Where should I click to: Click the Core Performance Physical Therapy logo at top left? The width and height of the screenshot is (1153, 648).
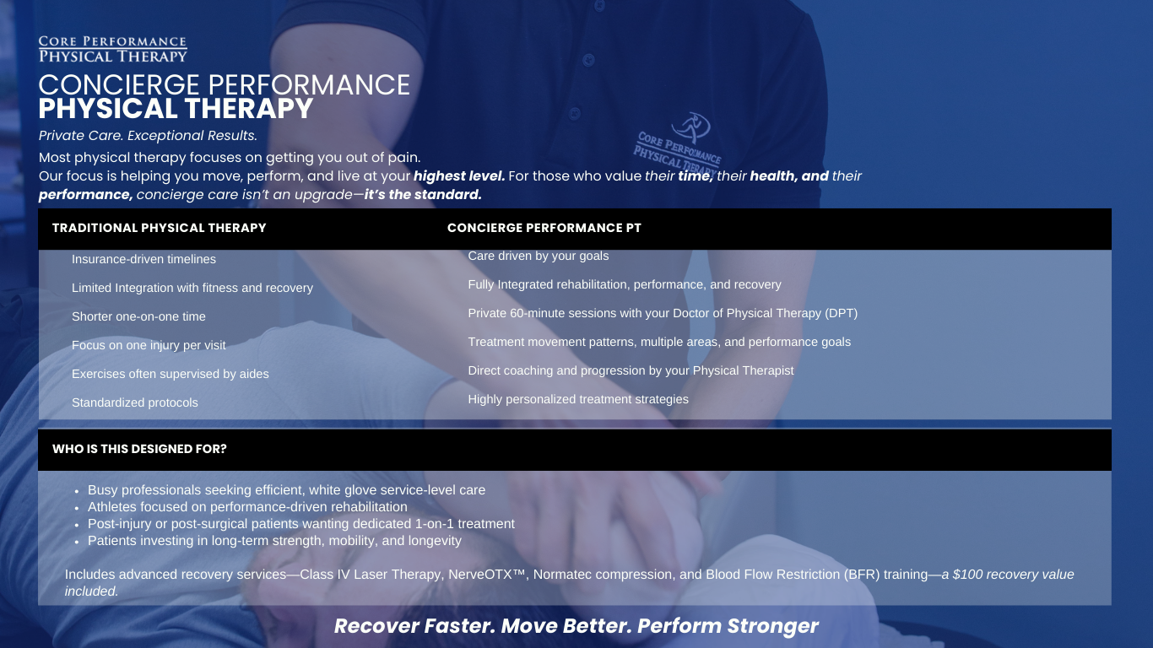(x=112, y=49)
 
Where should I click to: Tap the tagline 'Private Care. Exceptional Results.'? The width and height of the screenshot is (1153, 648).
(x=148, y=136)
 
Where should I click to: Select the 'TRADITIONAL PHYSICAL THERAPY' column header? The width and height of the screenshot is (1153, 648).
(x=159, y=228)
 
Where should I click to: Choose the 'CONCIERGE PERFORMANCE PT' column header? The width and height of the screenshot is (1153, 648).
(x=544, y=228)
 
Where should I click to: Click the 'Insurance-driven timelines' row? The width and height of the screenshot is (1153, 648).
(x=143, y=259)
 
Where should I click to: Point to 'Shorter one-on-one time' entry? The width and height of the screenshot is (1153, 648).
(x=138, y=316)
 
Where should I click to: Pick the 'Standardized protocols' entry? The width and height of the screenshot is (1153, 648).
(x=135, y=402)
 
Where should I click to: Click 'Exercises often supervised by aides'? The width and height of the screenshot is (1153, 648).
(x=170, y=374)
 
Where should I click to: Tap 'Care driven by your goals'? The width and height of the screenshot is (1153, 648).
(x=538, y=256)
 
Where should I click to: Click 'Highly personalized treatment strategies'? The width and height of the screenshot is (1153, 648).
(x=578, y=399)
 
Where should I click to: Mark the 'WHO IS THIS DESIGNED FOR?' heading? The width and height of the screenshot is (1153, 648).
(x=139, y=449)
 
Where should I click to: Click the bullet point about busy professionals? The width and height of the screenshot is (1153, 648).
(x=286, y=489)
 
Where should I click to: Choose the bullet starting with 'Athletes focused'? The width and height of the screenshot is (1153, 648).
(x=247, y=507)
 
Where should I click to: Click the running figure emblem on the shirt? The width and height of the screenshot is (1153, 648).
(x=698, y=125)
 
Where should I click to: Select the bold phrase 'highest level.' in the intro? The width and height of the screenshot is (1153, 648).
(x=459, y=176)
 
